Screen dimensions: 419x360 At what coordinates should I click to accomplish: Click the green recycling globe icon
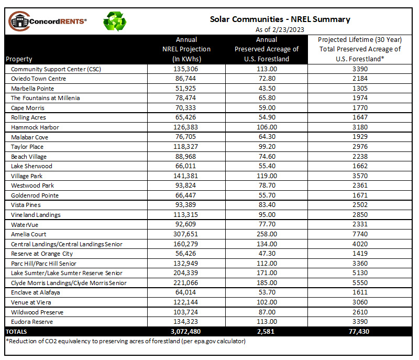pos(115,21)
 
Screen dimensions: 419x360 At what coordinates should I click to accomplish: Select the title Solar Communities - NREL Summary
pos(280,19)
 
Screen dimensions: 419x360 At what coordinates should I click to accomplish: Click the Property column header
pos(19,59)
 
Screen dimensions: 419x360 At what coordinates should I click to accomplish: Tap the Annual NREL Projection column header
pos(186,49)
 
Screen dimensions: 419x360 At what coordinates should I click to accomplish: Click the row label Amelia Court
pos(29,234)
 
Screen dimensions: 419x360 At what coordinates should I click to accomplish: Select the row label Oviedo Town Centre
pos(38,79)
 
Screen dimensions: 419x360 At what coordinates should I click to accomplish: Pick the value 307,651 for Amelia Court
pos(186,234)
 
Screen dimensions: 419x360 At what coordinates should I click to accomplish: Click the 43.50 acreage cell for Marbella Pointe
pos(267,89)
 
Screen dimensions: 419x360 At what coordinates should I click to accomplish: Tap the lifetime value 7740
pos(360,234)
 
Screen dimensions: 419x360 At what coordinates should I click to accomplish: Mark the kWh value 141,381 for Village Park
pos(186,176)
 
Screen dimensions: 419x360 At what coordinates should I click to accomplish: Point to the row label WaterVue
pos(25,225)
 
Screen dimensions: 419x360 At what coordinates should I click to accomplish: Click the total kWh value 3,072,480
pos(186,332)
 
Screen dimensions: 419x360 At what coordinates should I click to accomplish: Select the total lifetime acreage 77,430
pos(359,332)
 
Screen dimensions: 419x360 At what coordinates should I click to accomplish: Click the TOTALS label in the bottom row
pos(16,332)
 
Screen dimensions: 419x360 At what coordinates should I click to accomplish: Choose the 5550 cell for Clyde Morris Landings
pos(360,283)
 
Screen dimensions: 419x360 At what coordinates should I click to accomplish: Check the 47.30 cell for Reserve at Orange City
pos(267,254)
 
